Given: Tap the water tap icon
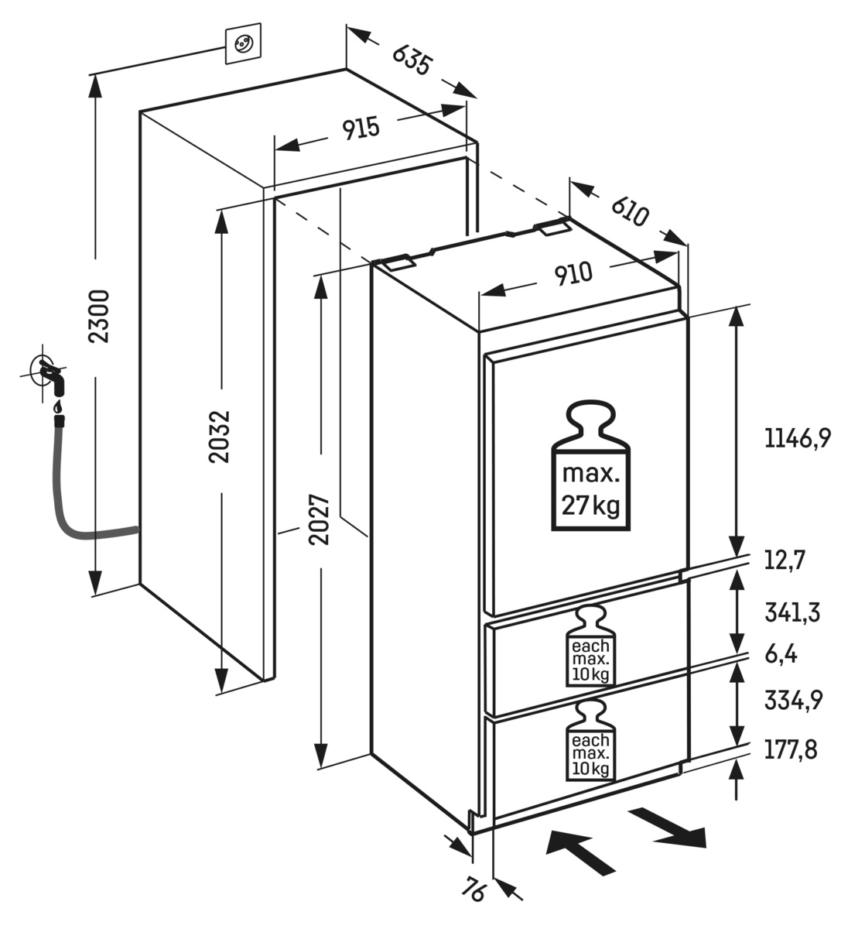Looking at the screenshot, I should point(48,374).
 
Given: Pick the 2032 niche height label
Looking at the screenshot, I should point(221,436).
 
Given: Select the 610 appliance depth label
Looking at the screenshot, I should point(629,211).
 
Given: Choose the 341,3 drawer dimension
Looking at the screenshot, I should point(791,613).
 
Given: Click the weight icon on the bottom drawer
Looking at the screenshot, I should point(590,742).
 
